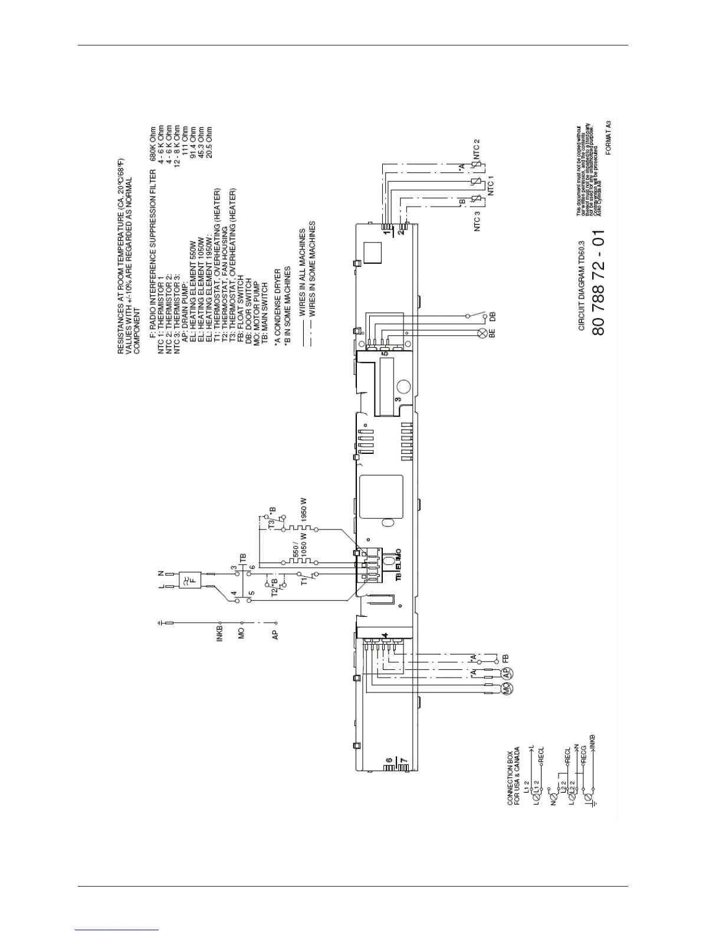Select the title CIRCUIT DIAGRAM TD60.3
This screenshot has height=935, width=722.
coord(581,286)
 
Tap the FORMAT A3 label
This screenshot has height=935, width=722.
coord(608,138)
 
